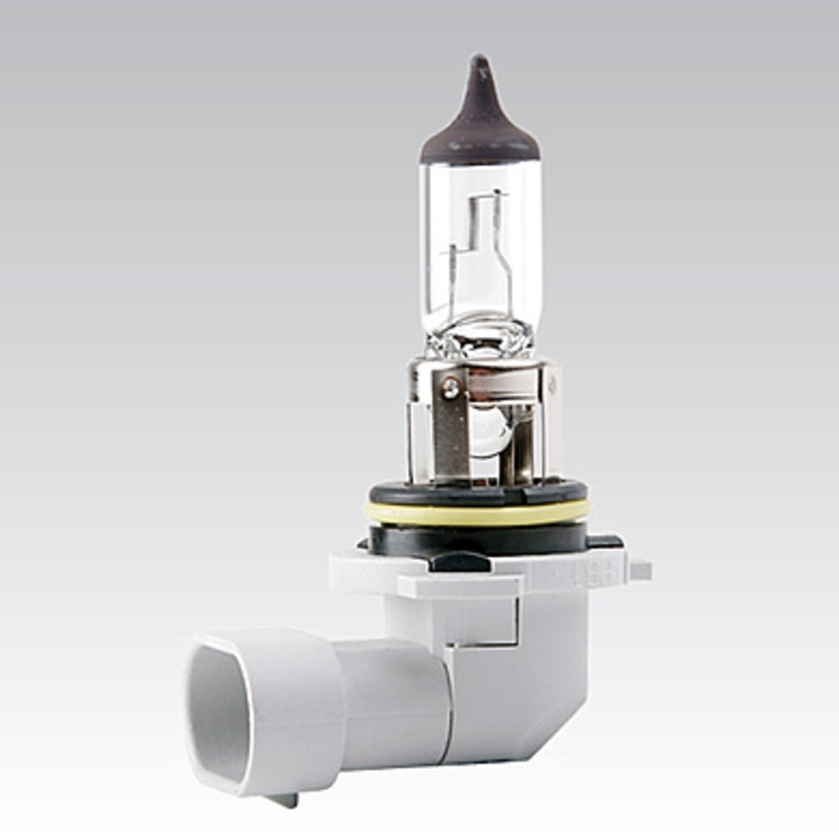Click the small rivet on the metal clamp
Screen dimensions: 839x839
[449, 388]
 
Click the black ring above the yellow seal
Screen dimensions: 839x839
[477, 493]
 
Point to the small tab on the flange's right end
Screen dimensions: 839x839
[641, 570]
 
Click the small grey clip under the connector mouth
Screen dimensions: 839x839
[286, 800]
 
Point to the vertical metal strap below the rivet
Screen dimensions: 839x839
[449, 435]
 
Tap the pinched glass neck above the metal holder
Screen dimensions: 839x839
[480, 336]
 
